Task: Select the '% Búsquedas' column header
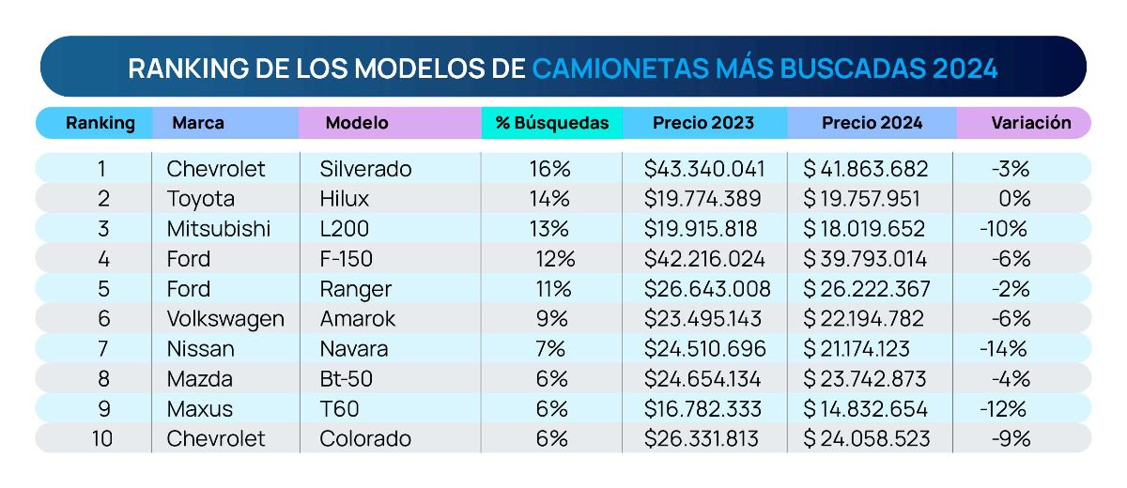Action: click(x=551, y=123)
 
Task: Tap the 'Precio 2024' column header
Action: click(x=872, y=123)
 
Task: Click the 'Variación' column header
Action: click(x=1030, y=123)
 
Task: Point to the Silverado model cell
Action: click(x=365, y=169)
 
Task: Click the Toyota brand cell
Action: click(x=200, y=199)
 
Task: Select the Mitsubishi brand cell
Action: click(x=218, y=229)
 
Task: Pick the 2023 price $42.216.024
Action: click(x=704, y=259)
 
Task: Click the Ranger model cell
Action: click(x=355, y=289)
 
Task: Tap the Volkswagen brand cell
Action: click(x=224, y=319)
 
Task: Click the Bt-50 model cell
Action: click(x=348, y=379)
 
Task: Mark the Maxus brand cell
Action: click(x=199, y=409)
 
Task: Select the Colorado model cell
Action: click(x=364, y=439)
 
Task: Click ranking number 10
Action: click(x=102, y=439)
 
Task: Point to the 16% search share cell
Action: click(x=549, y=169)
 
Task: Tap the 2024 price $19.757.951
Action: click(x=864, y=199)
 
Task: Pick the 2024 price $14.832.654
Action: click(x=865, y=409)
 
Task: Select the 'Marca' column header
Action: click(x=198, y=123)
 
